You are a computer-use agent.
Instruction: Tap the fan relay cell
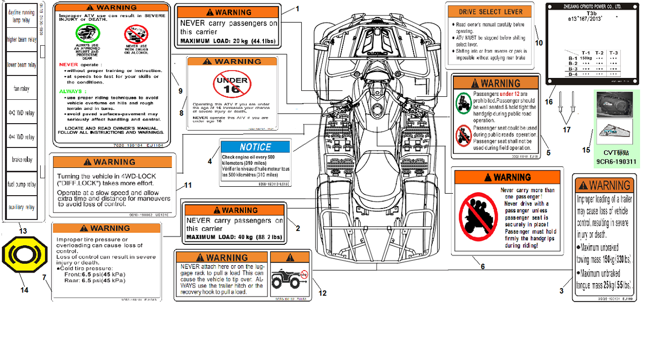click(21, 89)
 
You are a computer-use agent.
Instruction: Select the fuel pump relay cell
click(21, 184)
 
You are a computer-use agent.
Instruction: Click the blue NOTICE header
click(255, 147)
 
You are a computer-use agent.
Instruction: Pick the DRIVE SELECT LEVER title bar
click(490, 12)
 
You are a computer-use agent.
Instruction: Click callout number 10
click(539, 43)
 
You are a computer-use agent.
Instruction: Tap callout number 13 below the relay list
click(23, 231)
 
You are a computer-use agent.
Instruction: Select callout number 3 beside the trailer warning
click(562, 291)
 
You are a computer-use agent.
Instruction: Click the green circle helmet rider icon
click(87, 34)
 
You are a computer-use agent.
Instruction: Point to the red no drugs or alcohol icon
click(136, 34)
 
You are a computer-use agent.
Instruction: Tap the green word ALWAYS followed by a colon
click(71, 91)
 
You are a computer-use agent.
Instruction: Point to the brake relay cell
click(21, 160)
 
